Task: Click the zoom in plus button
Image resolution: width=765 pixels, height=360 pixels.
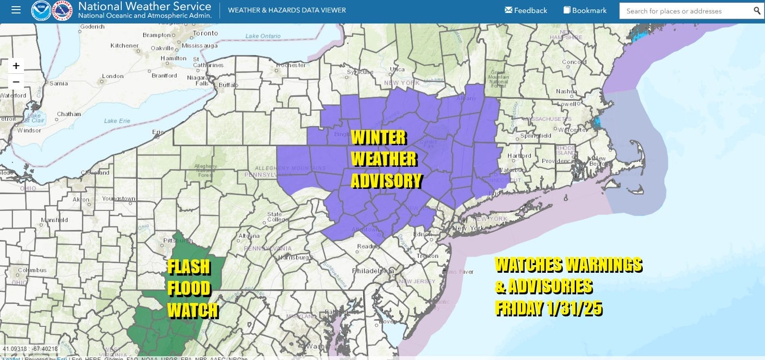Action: point(16,66)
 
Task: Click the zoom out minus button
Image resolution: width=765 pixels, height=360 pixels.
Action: point(16,82)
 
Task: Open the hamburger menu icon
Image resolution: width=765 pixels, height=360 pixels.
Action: point(16,10)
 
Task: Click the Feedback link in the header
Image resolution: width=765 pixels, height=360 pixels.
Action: point(526,11)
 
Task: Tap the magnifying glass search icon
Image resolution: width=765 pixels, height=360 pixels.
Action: point(757,11)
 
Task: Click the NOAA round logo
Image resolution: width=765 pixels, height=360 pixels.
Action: point(41,10)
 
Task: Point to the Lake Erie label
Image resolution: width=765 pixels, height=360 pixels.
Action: point(117,121)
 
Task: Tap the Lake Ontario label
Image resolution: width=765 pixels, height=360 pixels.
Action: point(263,36)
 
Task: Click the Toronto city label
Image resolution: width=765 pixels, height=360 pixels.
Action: point(205,33)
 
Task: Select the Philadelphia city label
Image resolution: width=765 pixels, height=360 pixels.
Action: point(373,271)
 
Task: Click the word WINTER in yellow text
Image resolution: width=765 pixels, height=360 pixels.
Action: point(379,138)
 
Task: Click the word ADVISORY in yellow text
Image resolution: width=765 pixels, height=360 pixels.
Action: point(386,181)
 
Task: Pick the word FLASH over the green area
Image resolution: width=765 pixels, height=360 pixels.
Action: point(189,267)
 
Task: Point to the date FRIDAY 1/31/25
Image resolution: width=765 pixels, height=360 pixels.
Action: point(549,308)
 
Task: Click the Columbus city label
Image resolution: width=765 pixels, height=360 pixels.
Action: point(32,270)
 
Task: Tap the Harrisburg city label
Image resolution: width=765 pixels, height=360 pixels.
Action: point(293,257)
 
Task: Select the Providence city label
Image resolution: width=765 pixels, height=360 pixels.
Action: point(556,161)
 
